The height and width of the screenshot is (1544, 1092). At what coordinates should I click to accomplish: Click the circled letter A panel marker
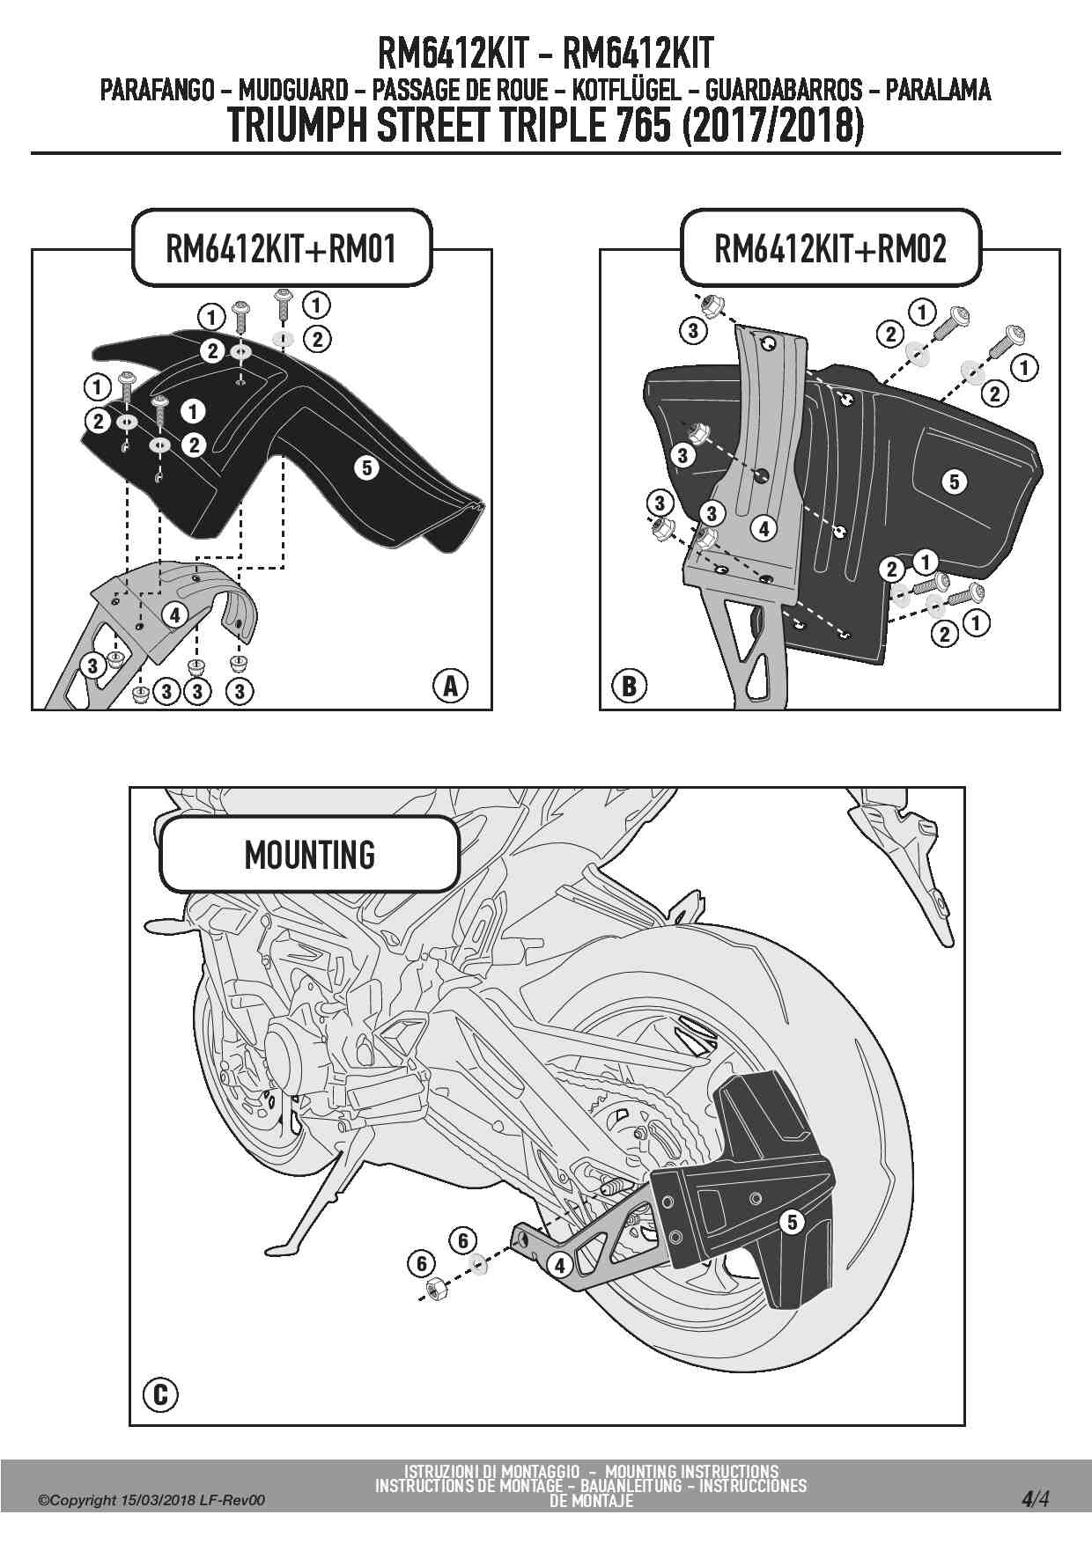coord(450,685)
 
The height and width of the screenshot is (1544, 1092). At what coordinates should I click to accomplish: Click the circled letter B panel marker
coord(629,685)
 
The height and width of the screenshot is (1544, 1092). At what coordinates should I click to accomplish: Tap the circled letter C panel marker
coord(160,1394)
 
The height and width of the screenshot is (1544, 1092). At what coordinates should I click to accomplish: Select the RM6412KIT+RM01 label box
coord(282,248)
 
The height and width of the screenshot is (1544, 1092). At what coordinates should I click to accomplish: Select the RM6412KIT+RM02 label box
coord(830,248)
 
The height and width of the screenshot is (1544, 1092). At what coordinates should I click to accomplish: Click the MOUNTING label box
coord(309,855)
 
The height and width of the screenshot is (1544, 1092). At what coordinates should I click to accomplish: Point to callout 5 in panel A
coord(367,467)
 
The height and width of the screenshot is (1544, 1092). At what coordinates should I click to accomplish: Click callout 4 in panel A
coord(174,614)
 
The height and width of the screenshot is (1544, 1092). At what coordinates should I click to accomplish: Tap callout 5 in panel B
coord(954,482)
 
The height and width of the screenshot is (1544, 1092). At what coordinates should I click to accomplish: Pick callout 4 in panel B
coord(764,528)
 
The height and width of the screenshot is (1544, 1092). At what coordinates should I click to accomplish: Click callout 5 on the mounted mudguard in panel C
coord(792,1222)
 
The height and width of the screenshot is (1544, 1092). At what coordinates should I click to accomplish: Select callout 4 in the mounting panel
coord(559,1266)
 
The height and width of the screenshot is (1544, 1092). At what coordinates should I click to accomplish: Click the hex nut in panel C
coord(434,1290)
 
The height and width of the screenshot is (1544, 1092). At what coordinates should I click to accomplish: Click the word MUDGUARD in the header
coord(293,90)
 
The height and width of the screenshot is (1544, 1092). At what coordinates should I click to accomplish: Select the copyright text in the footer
coord(151,1500)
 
